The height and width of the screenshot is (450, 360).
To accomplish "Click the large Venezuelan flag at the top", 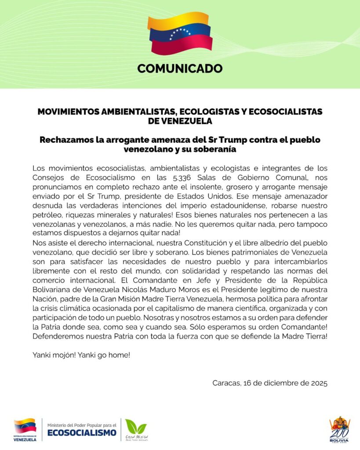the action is pos(180,33).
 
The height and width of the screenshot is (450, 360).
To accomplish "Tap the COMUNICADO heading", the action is pos(180,69).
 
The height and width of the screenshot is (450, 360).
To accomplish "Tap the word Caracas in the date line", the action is pos(227,383).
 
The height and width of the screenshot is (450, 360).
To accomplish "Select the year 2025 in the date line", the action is pos(318,383).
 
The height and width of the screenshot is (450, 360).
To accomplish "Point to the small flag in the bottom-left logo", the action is pos(25,425).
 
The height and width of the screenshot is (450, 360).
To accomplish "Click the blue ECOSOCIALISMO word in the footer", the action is pos(82,432).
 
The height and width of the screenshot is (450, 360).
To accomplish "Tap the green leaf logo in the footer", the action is pos(135,426).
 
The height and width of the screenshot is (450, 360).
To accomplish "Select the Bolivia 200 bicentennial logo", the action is pos(339,429).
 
